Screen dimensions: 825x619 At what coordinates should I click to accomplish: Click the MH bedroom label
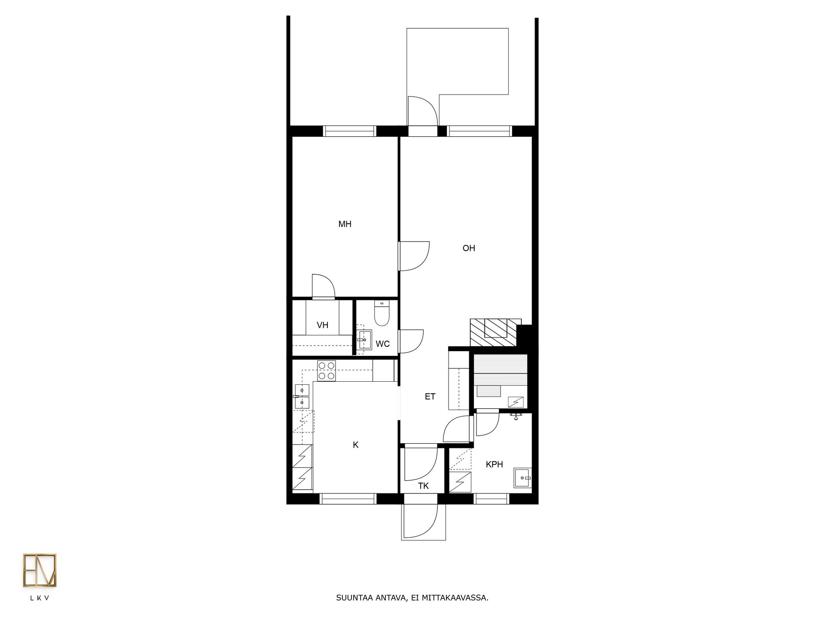345,224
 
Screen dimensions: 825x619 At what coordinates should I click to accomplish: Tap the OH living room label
468,248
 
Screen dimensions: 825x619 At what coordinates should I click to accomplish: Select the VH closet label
322,325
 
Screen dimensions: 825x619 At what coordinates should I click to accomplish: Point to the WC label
382,344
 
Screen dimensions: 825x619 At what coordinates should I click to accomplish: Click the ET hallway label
430,396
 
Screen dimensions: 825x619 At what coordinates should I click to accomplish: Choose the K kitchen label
355,445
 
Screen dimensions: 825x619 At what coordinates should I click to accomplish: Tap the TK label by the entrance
423,486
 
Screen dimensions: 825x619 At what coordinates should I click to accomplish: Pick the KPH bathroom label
494,464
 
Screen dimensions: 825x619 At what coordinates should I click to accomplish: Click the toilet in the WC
382,313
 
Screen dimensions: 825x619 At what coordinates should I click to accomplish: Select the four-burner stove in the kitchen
326,371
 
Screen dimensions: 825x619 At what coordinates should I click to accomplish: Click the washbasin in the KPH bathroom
522,478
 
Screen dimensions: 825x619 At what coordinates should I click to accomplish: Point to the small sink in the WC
364,340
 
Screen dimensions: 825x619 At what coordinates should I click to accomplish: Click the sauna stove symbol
516,402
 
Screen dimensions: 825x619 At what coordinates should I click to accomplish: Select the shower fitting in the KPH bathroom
516,416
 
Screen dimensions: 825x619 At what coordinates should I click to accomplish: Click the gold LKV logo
40,570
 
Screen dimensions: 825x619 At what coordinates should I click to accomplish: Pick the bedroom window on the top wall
349,131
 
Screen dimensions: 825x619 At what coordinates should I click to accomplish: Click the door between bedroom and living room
414,256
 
